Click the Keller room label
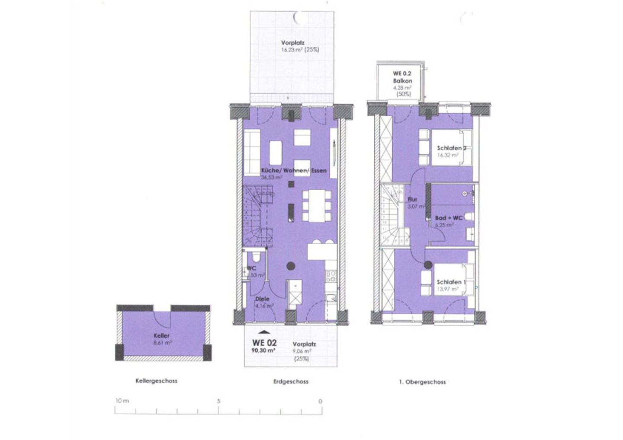(161, 336)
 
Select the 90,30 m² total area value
(264, 351)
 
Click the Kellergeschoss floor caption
(156, 381)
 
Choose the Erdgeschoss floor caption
(291, 382)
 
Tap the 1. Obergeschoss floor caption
(421, 382)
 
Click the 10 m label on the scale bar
(122, 401)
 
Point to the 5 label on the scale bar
(219, 401)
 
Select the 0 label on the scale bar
(320, 401)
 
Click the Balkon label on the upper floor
(402, 81)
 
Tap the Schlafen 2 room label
(451, 148)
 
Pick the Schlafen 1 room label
(451, 282)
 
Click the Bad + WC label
(449, 218)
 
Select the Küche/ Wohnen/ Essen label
(294, 171)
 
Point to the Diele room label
(262, 299)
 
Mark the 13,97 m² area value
(447, 290)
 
